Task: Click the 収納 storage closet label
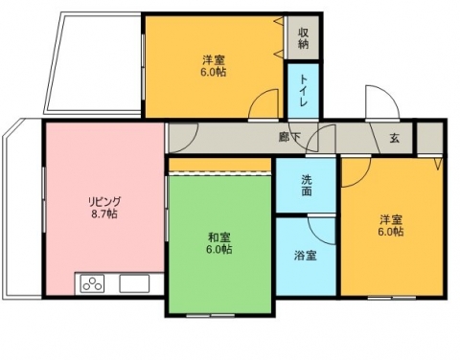point(303,38)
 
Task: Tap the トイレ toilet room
point(303,91)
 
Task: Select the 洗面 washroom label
point(307,186)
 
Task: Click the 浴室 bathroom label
point(306,256)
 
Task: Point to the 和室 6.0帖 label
point(218,243)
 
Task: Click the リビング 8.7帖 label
point(104,208)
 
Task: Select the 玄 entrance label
point(394,138)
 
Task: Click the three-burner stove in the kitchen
point(93,283)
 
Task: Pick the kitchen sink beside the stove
point(134,283)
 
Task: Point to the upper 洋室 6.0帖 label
point(213,66)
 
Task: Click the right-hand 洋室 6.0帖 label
point(391,226)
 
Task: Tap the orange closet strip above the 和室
point(219,165)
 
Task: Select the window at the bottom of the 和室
point(211,315)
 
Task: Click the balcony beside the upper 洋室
point(94,63)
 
